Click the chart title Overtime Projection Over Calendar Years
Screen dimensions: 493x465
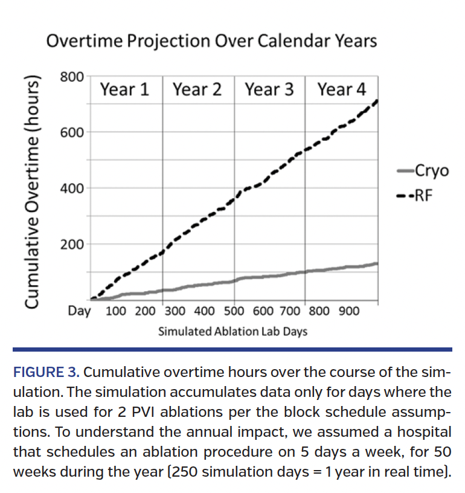(211, 41)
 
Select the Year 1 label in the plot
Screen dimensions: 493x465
(125, 90)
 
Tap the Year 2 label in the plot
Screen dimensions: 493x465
(197, 90)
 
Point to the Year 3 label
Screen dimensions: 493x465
(269, 90)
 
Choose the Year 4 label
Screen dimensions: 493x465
(342, 90)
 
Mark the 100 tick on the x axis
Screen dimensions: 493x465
(116, 311)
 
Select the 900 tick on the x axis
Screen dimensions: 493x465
(348, 311)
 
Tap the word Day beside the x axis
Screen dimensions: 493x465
(80, 311)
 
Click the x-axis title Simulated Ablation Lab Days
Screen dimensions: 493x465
(232, 332)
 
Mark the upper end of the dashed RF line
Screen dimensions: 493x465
(377, 100)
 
